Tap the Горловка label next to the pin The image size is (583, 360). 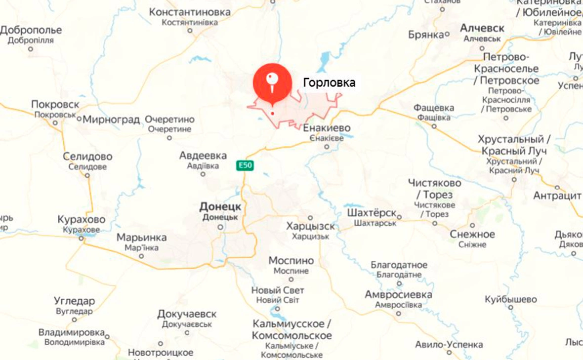coord(329,82)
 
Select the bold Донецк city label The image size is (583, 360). coord(220,206)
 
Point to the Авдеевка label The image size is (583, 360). coord(203,156)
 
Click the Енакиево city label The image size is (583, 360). coord(327,128)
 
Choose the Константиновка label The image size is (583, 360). coord(190,12)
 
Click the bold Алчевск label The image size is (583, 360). coord(482,28)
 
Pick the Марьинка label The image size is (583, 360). coord(141,238)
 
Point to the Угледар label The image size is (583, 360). coord(74,301)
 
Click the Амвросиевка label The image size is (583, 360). coord(398,295)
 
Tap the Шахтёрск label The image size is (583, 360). coord(372,213)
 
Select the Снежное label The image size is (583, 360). coord(472,234)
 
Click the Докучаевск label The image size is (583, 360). coord(187,314)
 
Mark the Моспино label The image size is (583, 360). coord(291,260)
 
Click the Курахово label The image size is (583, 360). coord(82,219)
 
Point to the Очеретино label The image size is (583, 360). coord(170,120)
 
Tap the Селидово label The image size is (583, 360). coord(87,157)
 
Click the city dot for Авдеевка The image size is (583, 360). coord(203,174)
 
